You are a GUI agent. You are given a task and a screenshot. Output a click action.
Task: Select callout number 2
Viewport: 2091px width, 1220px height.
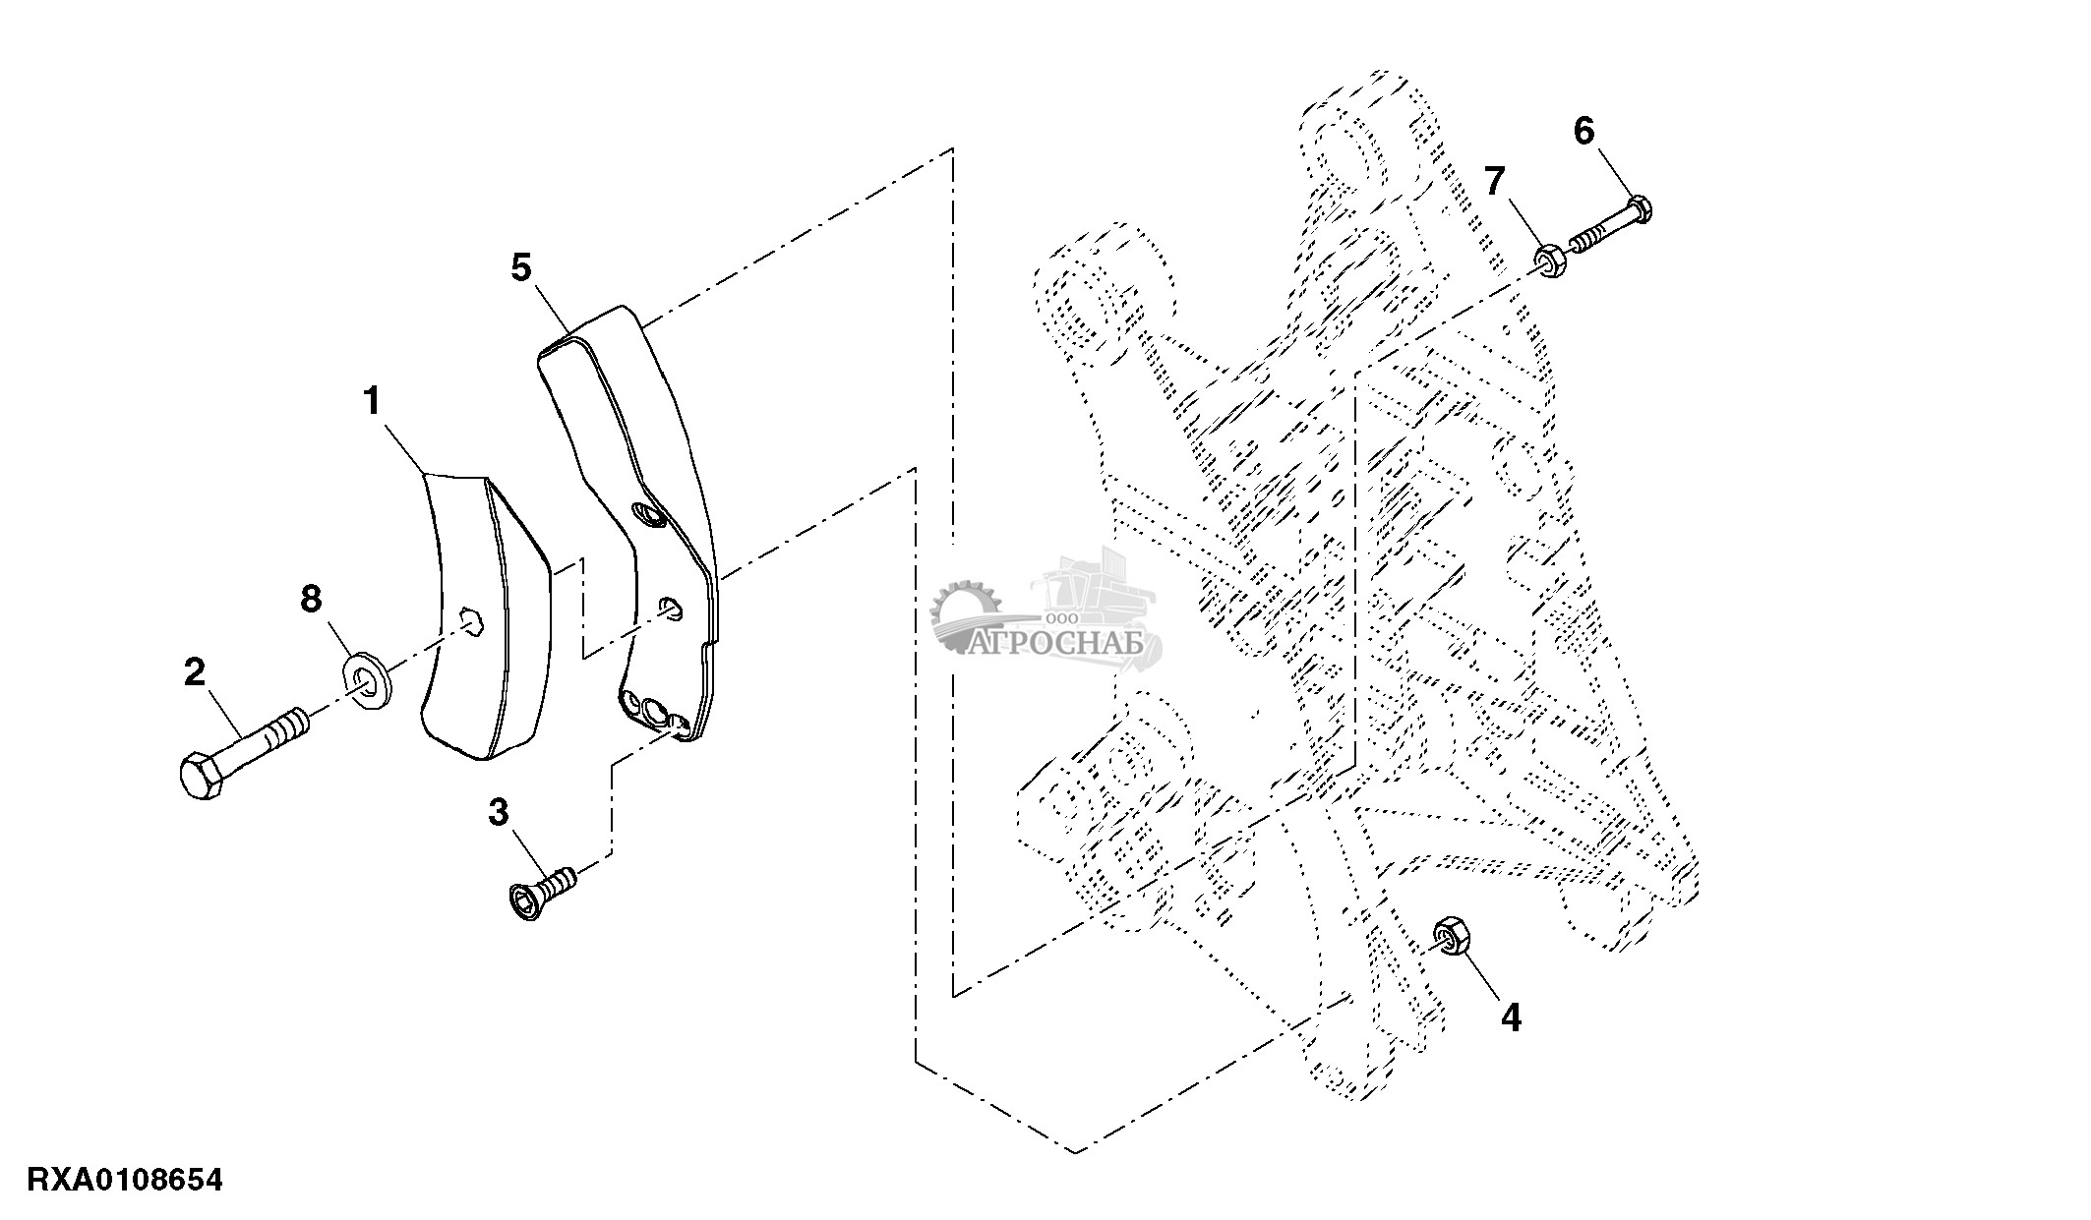coord(195,673)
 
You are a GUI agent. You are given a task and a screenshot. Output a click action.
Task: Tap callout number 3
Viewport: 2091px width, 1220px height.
coord(500,814)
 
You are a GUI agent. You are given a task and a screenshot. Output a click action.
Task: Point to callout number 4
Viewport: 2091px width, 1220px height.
coord(1511,1018)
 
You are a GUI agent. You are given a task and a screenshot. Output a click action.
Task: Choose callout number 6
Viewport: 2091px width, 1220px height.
coord(1583,131)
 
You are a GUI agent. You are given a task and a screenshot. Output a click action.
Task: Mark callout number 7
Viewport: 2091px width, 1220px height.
coord(1494,181)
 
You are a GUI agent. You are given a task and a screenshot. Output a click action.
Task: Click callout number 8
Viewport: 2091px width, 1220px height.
coord(311,599)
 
